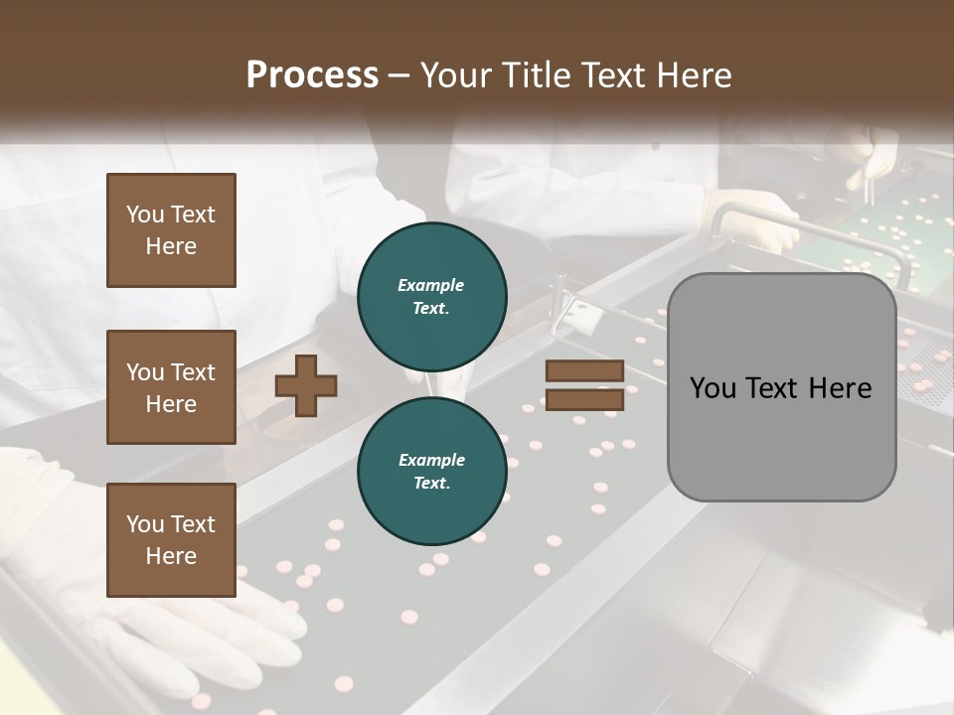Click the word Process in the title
[x=312, y=75]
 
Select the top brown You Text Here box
[x=171, y=230]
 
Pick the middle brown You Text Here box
[x=171, y=387]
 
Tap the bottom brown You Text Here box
[x=171, y=539]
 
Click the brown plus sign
[x=306, y=385]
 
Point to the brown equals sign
[x=585, y=385]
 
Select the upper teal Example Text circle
[x=431, y=296]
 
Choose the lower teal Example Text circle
[x=431, y=471]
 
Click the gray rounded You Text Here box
[x=781, y=387]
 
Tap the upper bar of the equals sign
[x=585, y=371]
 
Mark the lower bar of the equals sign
[x=585, y=399]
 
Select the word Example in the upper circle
[x=431, y=285]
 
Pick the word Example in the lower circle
[x=431, y=460]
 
